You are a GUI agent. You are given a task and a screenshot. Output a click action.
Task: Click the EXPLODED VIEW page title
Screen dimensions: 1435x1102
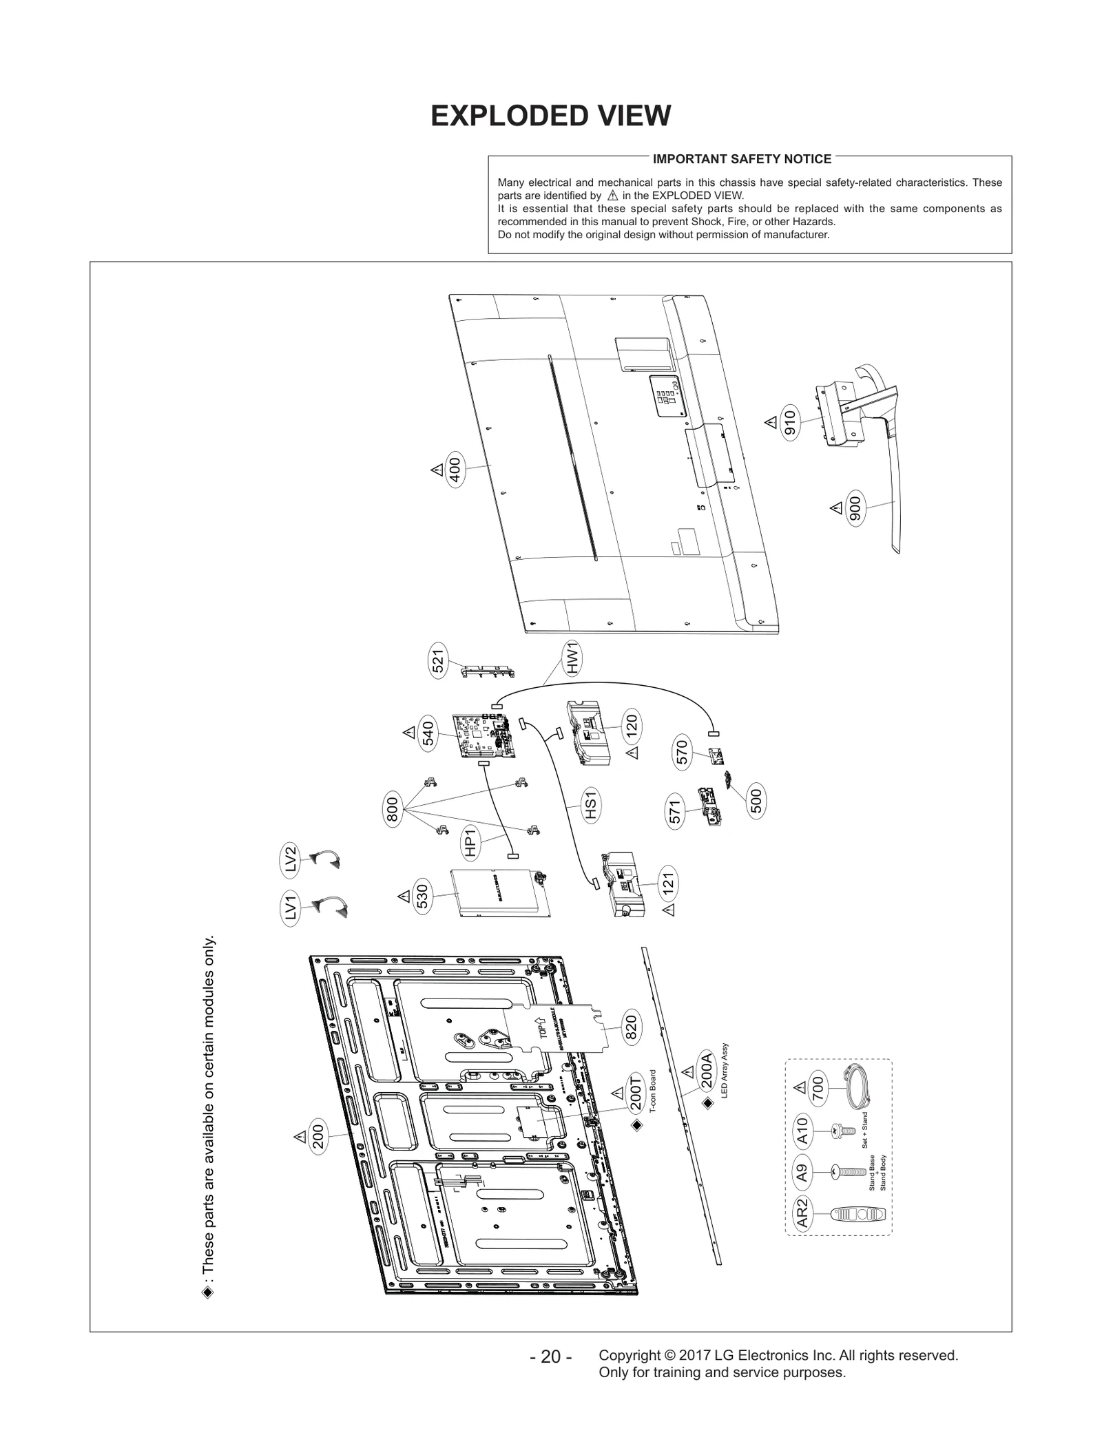550,116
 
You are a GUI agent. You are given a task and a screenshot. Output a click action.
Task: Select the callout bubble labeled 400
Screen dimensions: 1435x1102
455,470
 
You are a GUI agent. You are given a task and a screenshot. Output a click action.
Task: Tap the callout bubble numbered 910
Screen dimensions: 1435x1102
790,423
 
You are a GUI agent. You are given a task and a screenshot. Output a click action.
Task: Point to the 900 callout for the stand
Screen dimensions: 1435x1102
855,510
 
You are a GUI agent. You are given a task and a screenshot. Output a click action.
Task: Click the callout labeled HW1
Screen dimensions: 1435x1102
572,658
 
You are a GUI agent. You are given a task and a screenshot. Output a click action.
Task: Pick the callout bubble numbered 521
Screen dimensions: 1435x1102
438,661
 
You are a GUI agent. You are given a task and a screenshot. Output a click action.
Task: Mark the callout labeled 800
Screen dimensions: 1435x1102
392,808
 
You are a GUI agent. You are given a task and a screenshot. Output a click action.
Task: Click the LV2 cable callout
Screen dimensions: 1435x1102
291,859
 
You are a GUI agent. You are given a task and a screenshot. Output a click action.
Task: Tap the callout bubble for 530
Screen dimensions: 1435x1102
423,897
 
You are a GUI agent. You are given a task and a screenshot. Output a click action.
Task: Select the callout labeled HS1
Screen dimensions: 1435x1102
590,805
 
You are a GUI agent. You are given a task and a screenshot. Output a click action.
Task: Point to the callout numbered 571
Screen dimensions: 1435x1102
676,812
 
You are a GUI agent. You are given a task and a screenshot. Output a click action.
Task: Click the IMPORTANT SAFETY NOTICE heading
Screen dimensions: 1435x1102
742,159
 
